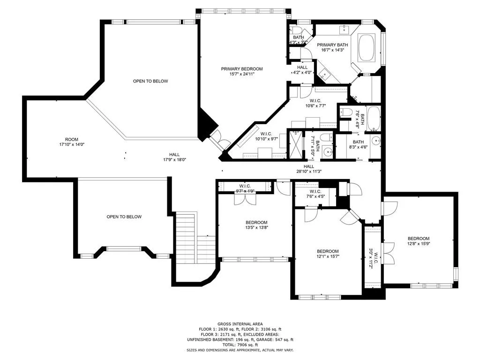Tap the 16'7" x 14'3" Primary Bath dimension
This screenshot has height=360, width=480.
point(333,50)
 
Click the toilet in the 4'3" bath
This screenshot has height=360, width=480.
point(294,29)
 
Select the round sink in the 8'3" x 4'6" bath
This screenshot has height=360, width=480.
point(376,142)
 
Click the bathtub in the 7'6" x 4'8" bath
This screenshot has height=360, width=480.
point(373,119)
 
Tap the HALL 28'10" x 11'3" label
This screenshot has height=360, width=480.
point(308,169)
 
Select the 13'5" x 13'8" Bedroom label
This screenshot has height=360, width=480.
point(256,225)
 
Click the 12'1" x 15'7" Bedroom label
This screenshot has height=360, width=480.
point(327,254)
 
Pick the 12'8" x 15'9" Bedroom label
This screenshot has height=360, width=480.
point(418,241)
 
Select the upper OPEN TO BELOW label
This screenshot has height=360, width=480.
point(150,81)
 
